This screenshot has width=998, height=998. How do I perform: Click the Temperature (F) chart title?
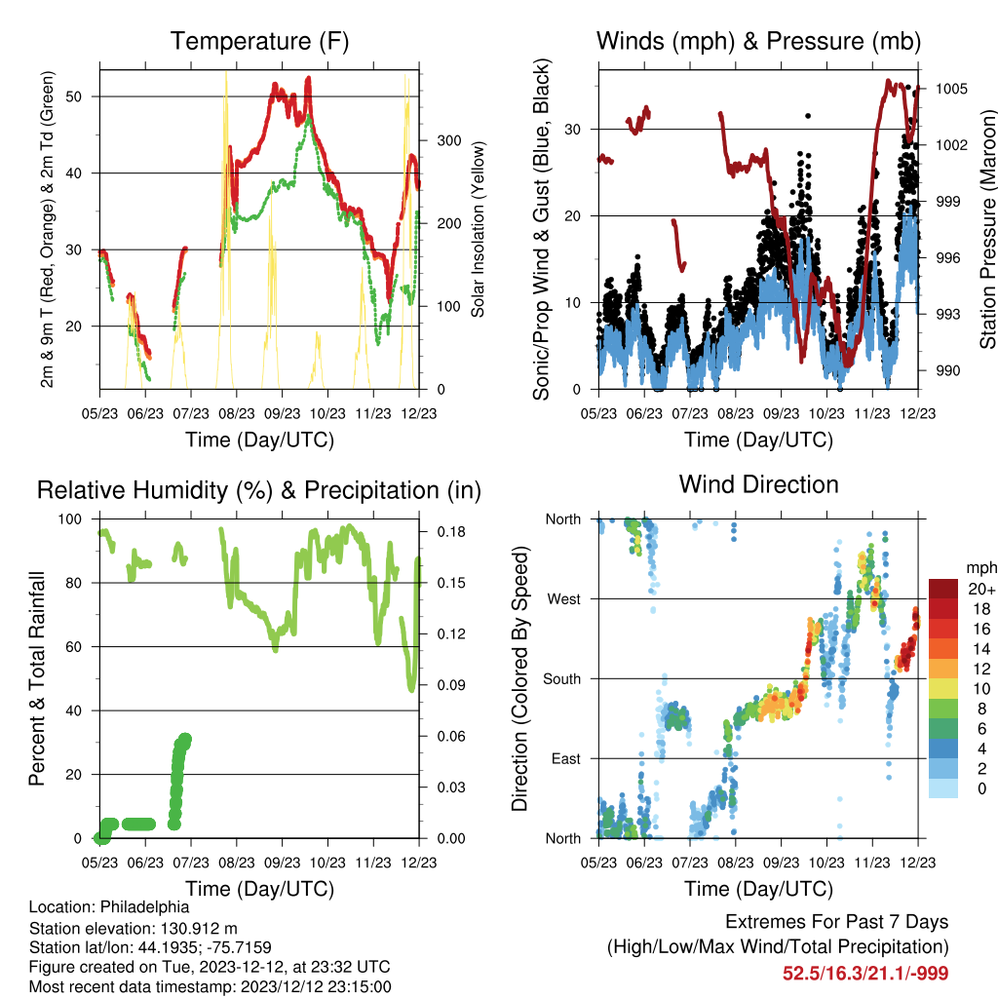pyautogui.click(x=259, y=41)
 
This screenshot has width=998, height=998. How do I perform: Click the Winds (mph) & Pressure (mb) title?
pyautogui.click(x=758, y=41)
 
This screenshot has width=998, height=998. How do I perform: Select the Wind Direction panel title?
pyautogui.click(x=758, y=484)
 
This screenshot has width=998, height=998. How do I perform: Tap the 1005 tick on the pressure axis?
pyautogui.click(x=951, y=89)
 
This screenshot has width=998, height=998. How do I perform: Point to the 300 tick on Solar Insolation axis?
pyautogui.click(x=449, y=140)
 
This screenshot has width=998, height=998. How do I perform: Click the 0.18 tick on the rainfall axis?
pyautogui.click(x=451, y=531)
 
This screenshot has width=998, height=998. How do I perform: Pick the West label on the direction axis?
pyautogui.click(x=564, y=599)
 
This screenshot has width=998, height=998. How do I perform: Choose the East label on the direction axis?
pyautogui.click(x=566, y=758)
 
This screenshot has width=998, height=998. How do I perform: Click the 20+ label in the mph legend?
pyautogui.click(x=981, y=589)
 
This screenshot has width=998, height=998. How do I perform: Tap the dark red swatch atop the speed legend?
pyautogui.click(x=943, y=589)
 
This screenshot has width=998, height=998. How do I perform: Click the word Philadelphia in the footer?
pyautogui.click(x=144, y=907)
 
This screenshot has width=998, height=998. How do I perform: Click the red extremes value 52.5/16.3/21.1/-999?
pyautogui.click(x=865, y=974)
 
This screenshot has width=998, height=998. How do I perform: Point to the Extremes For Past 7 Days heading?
pyautogui.click(x=837, y=922)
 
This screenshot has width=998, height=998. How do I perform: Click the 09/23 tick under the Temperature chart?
pyautogui.click(x=282, y=413)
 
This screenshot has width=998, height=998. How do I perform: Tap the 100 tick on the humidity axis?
pyautogui.click(x=70, y=519)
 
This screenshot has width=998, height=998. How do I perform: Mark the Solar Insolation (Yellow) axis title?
pyautogui.click(x=478, y=229)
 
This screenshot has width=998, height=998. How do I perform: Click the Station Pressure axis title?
pyautogui.click(x=988, y=229)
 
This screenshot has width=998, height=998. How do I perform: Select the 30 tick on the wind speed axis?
pyautogui.click(x=572, y=130)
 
